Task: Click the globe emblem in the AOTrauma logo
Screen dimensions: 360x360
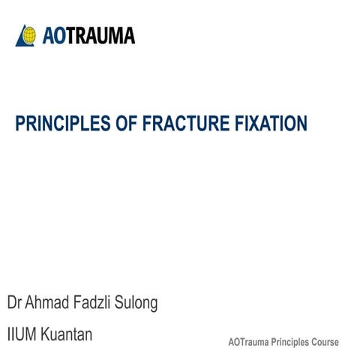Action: coord(25,34)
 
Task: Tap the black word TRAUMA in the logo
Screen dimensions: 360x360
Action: coord(105,34)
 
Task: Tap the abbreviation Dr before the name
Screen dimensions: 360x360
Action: coord(16,304)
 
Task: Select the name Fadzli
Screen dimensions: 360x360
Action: coord(96,304)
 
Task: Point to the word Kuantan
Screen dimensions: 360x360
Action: coord(67,334)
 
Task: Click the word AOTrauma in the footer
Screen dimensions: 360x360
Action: coord(250,342)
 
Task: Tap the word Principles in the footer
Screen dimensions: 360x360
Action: coord(294,342)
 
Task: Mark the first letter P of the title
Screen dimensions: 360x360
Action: coord(20,123)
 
